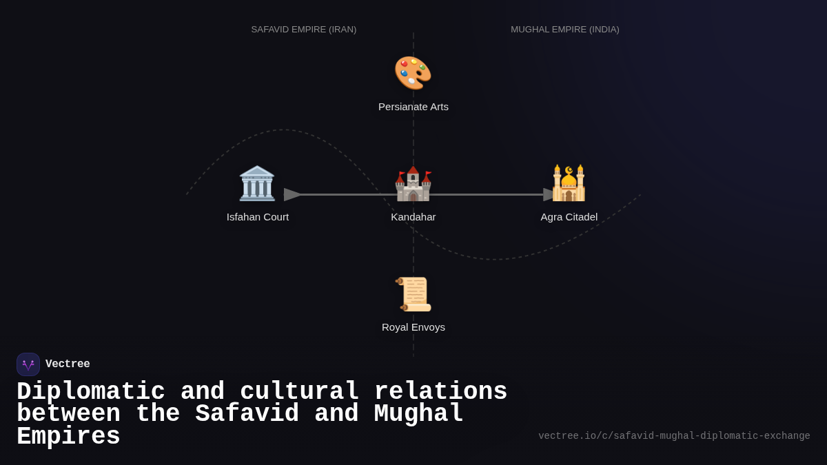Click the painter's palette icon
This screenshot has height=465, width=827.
(x=413, y=73)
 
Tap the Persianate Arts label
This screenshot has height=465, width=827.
(x=413, y=107)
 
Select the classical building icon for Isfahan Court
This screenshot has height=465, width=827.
(x=257, y=183)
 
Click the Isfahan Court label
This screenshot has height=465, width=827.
(x=258, y=217)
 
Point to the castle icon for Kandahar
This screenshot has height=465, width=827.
(x=413, y=184)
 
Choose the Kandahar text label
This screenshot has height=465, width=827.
(x=413, y=217)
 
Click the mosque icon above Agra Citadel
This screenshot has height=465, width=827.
(x=569, y=183)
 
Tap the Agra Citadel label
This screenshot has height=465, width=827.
(x=569, y=217)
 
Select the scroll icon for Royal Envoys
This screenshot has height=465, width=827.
(x=413, y=294)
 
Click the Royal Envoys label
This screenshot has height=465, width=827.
(x=413, y=327)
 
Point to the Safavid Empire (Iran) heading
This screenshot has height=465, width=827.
(x=304, y=30)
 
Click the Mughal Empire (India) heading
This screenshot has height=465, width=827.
(x=565, y=30)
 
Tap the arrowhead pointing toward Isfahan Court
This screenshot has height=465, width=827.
(x=292, y=195)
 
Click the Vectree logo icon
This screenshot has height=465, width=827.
(x=28, y=364)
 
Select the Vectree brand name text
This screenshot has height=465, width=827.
(x=68, y=364)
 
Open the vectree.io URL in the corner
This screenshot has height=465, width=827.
(x=674, y=436)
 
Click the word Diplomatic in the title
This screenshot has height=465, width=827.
(x=91, y=392)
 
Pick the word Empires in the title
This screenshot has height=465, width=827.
(x=68, y=437)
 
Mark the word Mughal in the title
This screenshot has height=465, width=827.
(x=419, y=414)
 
